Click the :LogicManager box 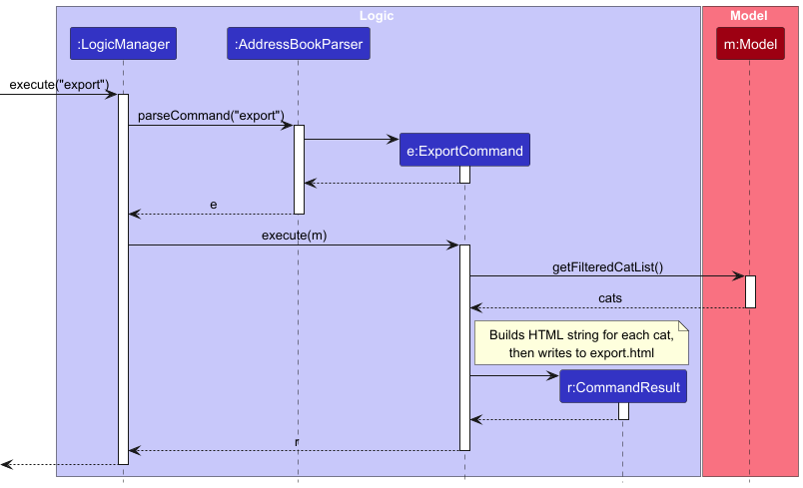(123, 44)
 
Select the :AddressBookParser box (298, 44)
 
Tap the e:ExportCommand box (464, 151)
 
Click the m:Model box (750, 44)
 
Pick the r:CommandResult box (622, 387)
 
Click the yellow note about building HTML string (581, 341)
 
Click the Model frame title (749, 15)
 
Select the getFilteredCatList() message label (607, 267)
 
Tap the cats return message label (610, 298)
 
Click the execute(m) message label (294, 236)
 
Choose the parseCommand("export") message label (211, 116)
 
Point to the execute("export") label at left (58, 85)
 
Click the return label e (213, 205)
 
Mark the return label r (297, 441)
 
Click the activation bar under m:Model (750, 291)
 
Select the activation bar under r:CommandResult (623, 411)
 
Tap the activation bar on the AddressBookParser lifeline (298, 169)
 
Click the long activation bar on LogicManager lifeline (123, 279)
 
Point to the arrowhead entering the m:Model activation (739, 276)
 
